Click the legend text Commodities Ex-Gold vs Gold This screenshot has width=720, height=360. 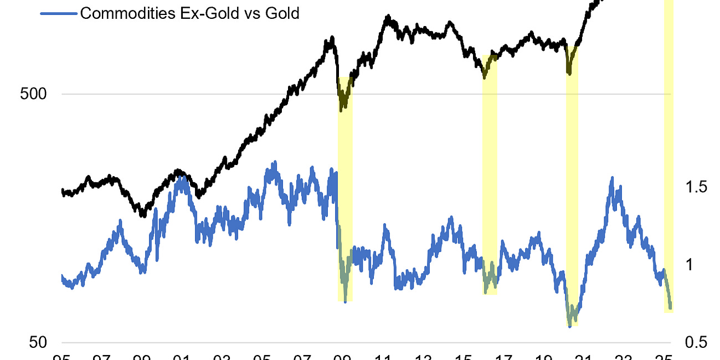click(189, 13)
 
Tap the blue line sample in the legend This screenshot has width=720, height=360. click(59, 13)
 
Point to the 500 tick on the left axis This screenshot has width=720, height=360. click(33, 94)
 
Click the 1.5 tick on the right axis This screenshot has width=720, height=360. click(695, 187)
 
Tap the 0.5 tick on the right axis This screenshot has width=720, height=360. click(695, 343)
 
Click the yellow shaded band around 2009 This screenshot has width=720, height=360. click(345, 188)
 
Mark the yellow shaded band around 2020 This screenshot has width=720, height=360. click(572, 188)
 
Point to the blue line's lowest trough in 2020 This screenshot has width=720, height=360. click(570, 326)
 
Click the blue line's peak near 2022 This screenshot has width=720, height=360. click(612, 178)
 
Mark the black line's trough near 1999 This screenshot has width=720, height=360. click(142, 215)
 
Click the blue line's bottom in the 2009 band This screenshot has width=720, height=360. click(346, 301)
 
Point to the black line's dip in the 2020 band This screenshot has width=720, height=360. click(568, 72)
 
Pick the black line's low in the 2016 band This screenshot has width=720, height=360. click(484, 77)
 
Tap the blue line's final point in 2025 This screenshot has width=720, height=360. click(671, 307)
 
